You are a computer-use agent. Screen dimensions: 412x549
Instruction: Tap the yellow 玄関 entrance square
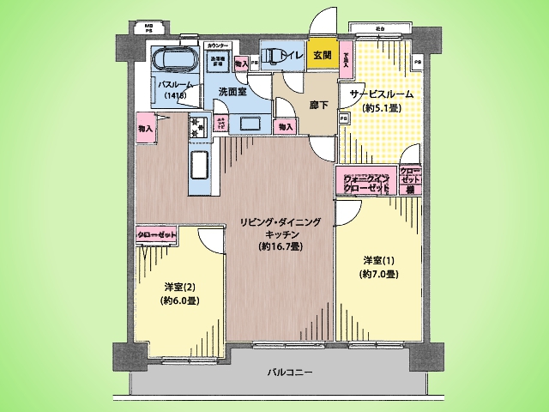(x=322, y=55)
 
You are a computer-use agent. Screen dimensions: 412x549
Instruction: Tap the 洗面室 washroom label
(x=233, y=91)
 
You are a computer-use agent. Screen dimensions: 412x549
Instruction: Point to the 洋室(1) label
(x=377, y=261)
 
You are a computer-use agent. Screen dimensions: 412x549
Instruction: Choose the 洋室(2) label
(x=176, y=288)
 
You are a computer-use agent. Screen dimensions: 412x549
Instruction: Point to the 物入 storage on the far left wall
(x=144, y=129)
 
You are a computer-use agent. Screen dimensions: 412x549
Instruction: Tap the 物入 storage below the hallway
(x=285, y=127)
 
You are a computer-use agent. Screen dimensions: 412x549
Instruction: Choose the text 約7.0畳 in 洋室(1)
(x=377, y=275)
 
